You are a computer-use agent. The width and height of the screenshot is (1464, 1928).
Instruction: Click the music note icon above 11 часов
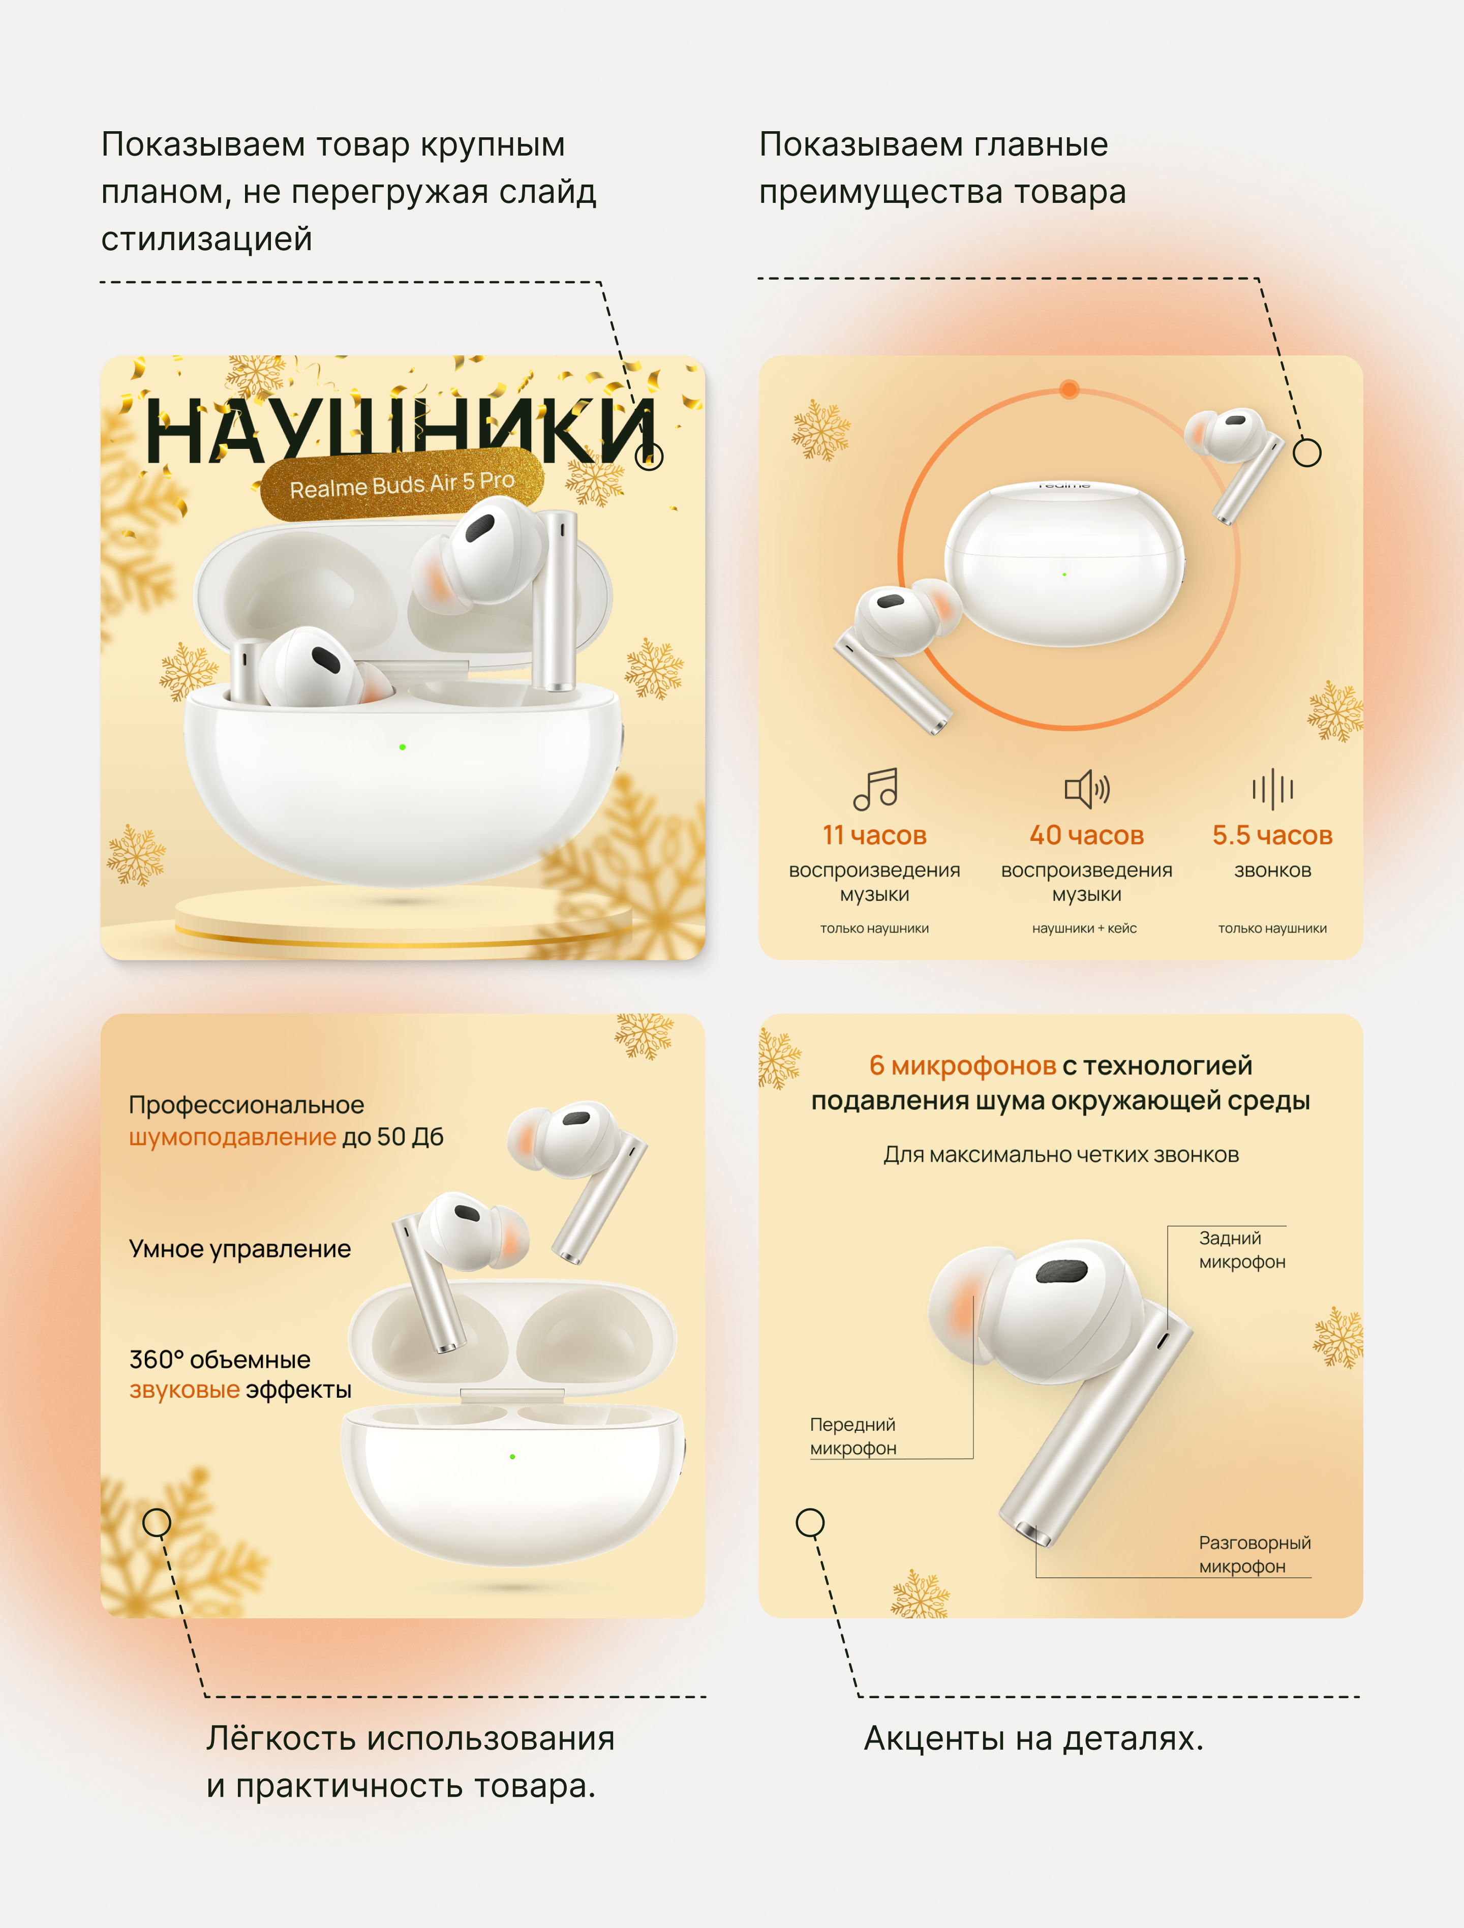pos(875,789)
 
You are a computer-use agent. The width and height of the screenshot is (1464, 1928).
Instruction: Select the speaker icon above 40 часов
pos(1087,789)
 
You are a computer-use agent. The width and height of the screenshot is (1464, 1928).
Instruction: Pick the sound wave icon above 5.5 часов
pos(1272,789)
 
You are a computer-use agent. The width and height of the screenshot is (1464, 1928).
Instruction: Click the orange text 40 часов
pos(1087,835)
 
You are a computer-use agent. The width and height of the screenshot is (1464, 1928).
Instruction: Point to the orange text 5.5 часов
pos(1272,835)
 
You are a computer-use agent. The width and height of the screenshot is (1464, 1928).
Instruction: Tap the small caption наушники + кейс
pos(1085,928)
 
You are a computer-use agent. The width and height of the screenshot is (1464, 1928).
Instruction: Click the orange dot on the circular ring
pos(1069,389)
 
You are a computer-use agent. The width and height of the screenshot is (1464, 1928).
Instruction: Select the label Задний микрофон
pos(1242,1250)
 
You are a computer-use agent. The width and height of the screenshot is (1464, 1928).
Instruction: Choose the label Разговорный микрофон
pos(1255,1554)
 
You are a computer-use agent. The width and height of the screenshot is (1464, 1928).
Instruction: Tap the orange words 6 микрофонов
pos(963,1065)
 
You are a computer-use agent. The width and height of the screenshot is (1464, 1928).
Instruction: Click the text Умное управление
pos(239,1249)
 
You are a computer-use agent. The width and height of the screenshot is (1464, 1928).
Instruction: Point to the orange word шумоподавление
pos(233,1136)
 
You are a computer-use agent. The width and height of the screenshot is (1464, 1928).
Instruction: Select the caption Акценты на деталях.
pos(1033,1739)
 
